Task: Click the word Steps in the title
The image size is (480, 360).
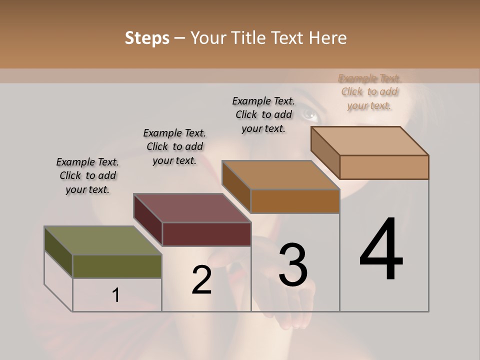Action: click(x=147, y=38)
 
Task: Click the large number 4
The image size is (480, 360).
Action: click(x=381, y=250)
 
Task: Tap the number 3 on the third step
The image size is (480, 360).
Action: click(x=293, y=265)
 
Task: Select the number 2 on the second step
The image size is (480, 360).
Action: click(x=201, y=280)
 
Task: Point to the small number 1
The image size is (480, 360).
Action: click(x=115, y=295)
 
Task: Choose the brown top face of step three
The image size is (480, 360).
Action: click(x=280, y=175)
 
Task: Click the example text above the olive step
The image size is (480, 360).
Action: click(x=87, y=175)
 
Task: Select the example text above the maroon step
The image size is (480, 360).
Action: click(x=174, y=146)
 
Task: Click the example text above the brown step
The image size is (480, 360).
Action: click(x=263, y=114)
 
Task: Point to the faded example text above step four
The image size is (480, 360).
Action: click(x=369, y=91)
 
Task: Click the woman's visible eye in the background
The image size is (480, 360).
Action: click(x=310, y=116)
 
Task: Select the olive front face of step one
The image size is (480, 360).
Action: click(x=117, y=266)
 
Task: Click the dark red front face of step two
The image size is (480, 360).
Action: click(x=206, y=234)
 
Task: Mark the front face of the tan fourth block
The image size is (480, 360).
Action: click(x=384, y=167)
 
